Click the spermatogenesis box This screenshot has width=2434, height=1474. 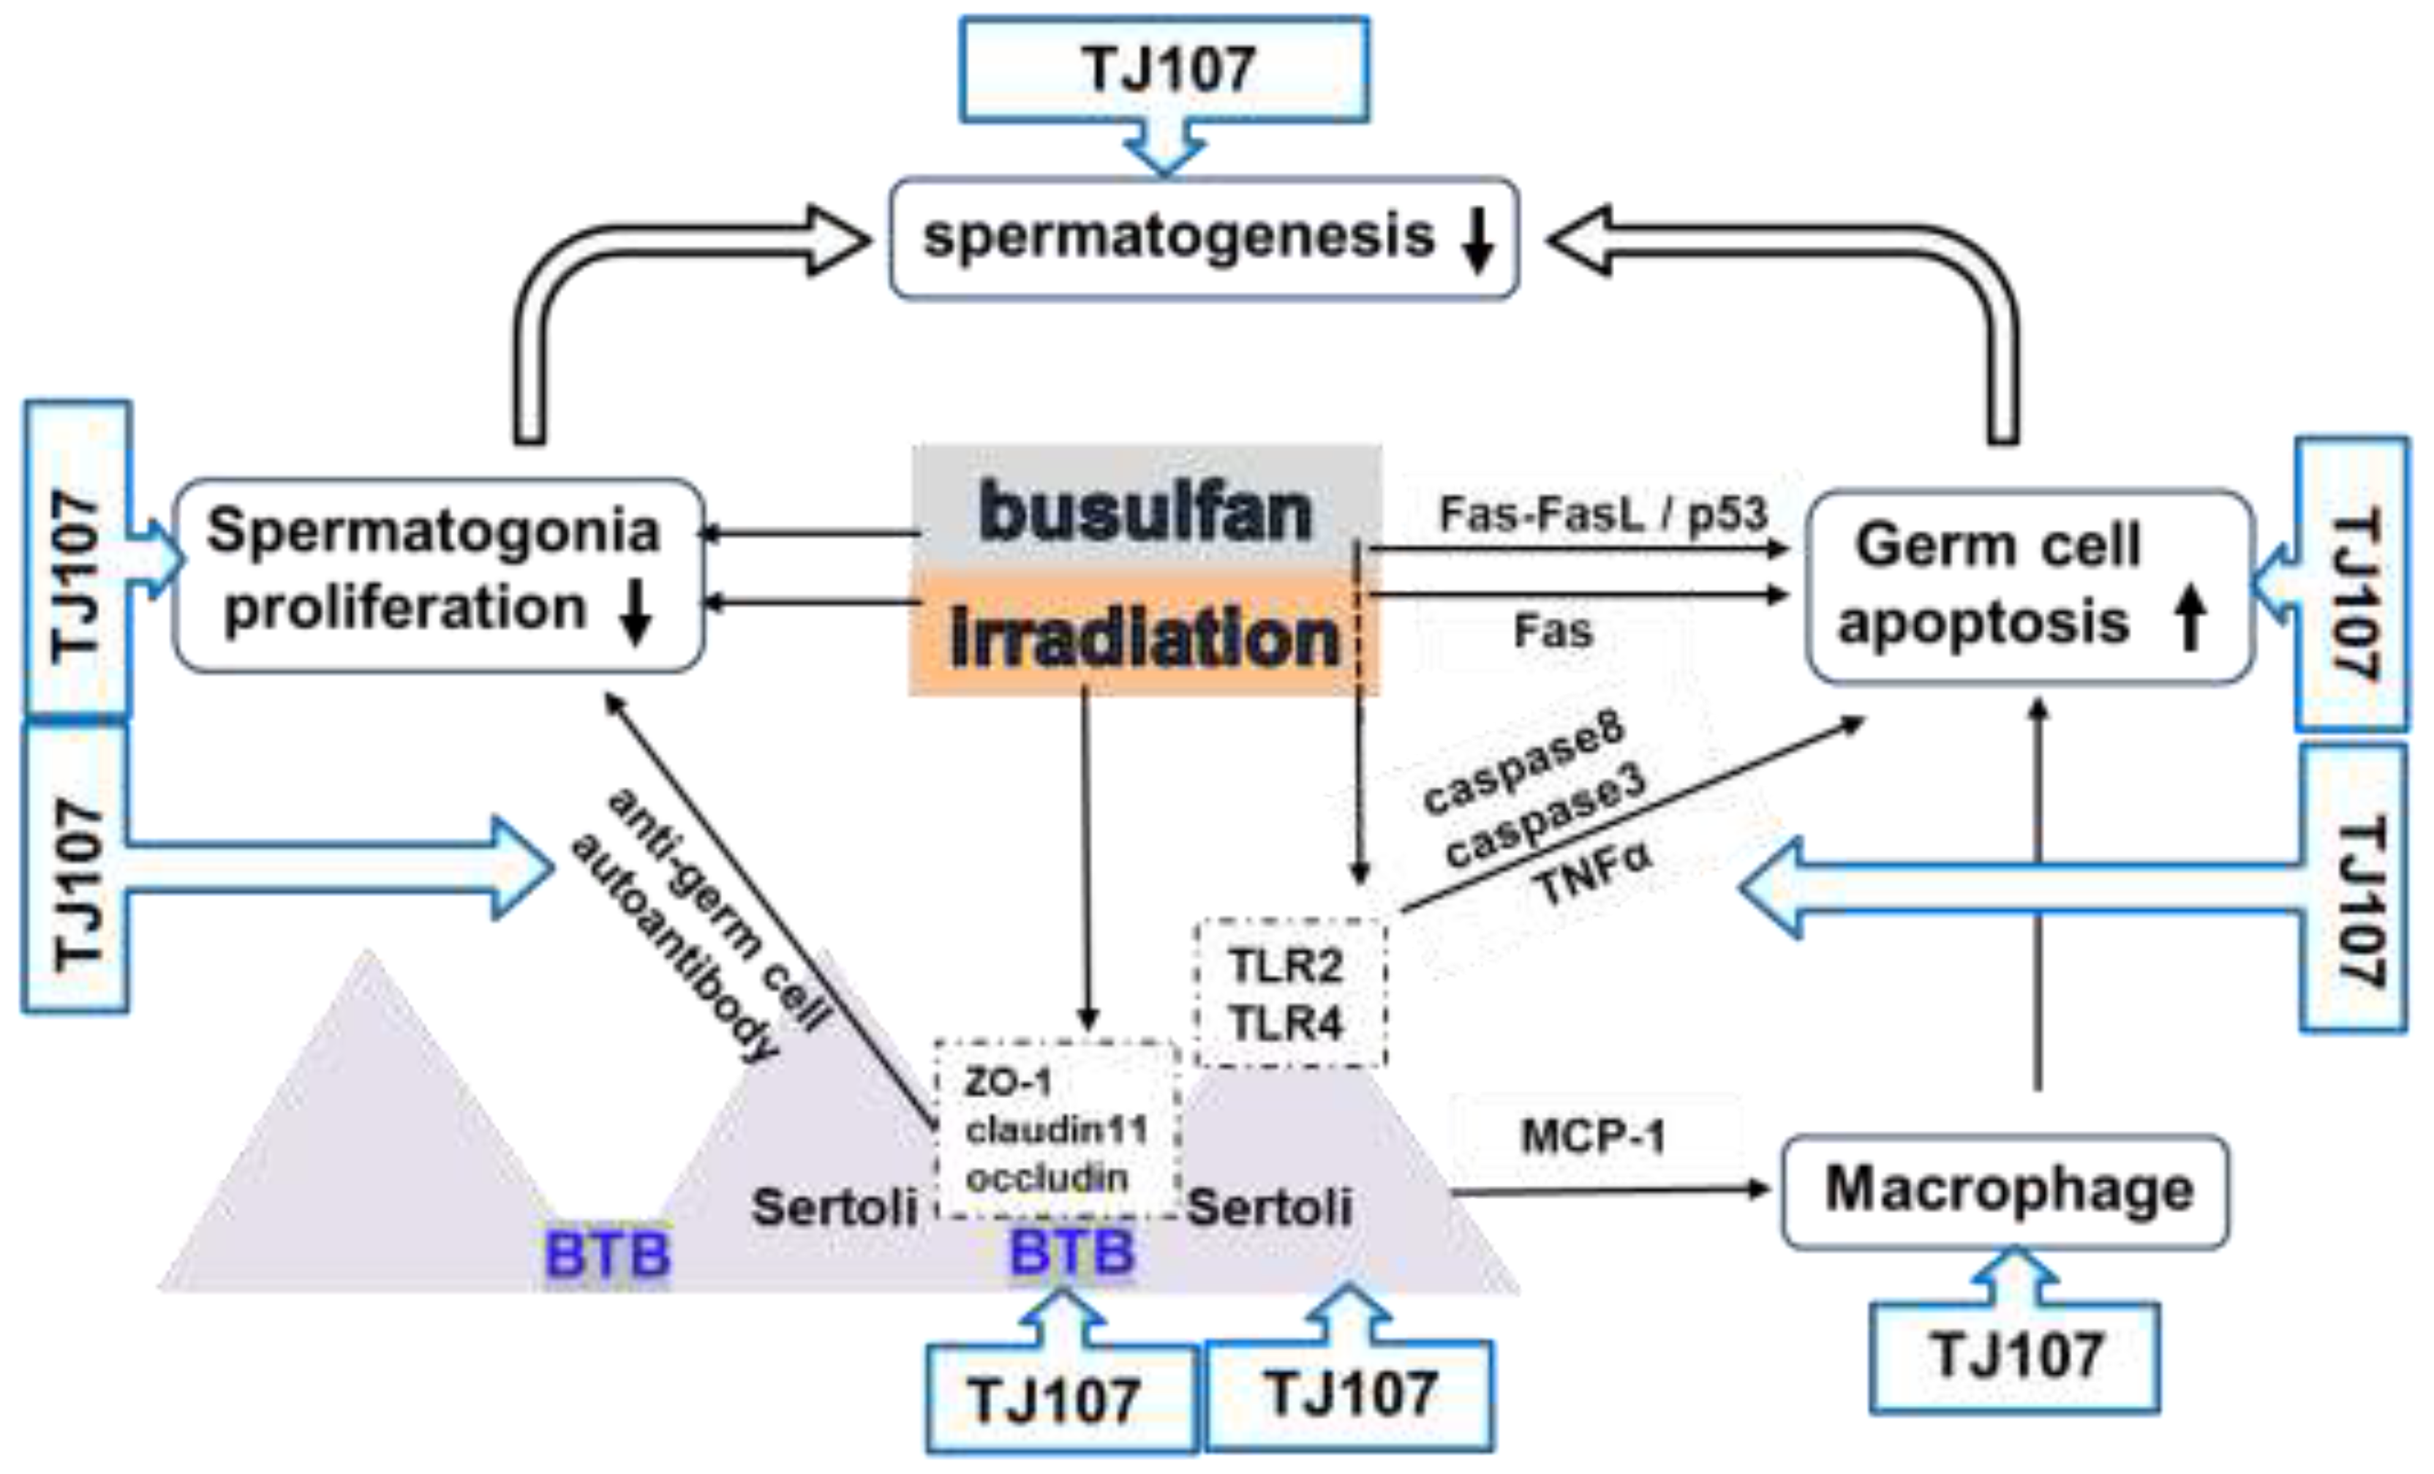1203,238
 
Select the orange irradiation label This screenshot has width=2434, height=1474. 1144,637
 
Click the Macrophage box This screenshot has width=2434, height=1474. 2005,1190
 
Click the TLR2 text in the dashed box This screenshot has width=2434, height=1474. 1286,965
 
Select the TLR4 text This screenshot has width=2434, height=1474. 1286,1023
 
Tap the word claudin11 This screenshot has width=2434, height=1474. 1055,1130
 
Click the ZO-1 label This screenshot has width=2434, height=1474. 1008,1083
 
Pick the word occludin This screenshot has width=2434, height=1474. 1047,1178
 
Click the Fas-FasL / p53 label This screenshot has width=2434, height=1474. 1602,514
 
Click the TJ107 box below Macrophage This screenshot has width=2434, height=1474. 2015,1355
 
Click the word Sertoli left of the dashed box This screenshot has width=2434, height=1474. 834,1207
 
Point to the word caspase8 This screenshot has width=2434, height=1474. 1523,766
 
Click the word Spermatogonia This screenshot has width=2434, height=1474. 433,532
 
